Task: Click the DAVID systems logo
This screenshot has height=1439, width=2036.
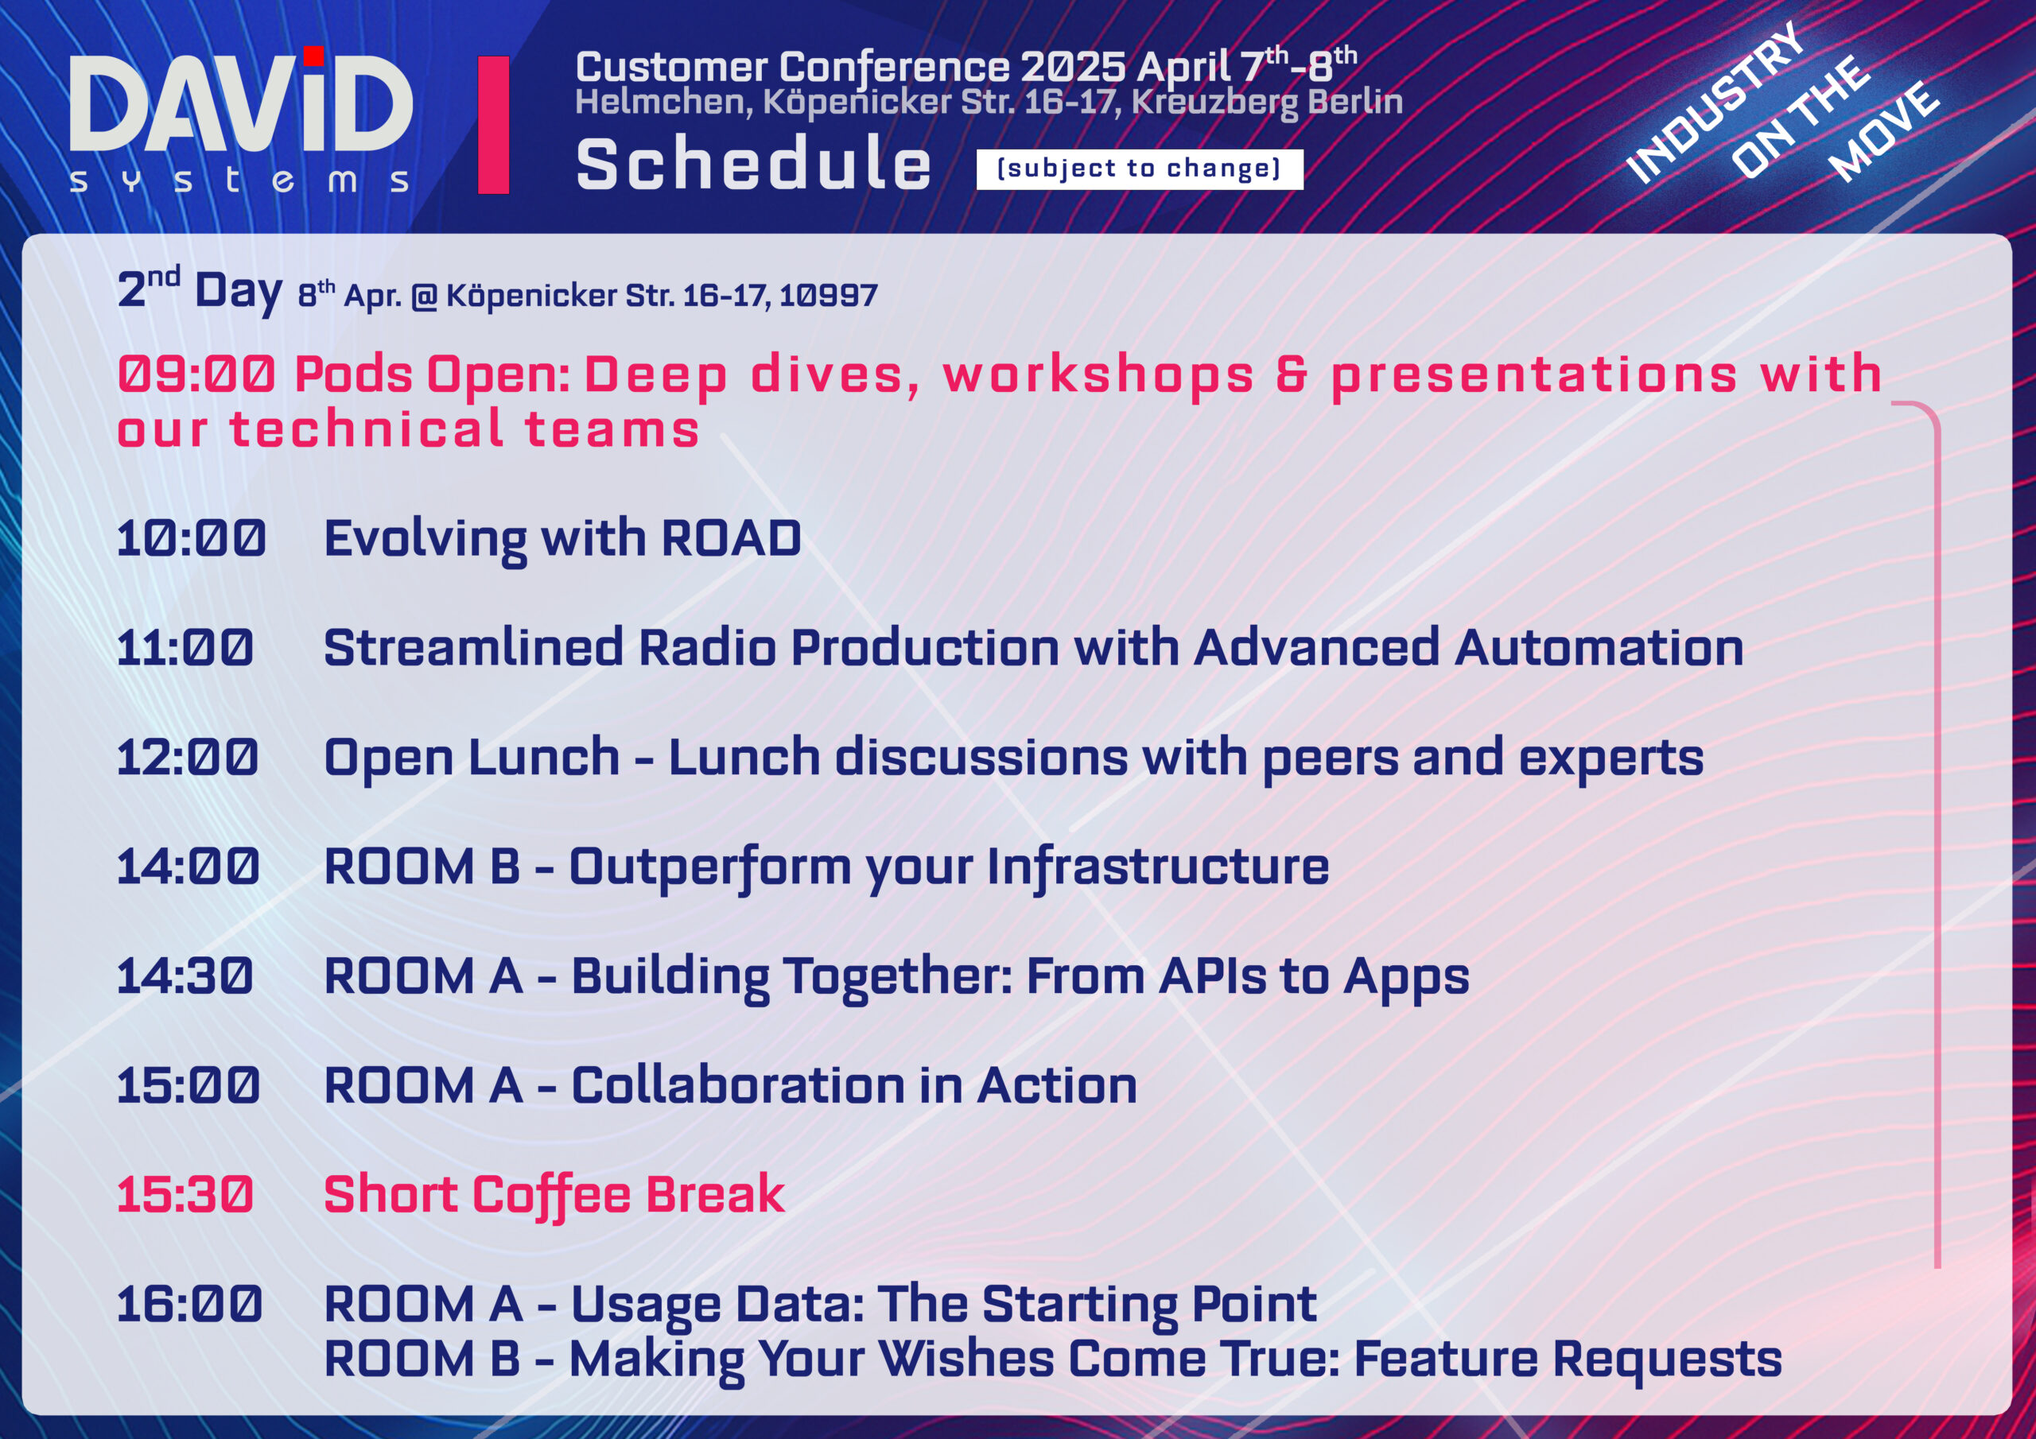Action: click(240, 120)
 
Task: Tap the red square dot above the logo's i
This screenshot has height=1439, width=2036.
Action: click(313, 56)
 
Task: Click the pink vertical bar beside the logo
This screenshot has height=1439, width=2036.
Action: click(493, 125)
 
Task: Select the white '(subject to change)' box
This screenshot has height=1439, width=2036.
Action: click(1140, 169)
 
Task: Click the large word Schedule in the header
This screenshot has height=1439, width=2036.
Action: click(754, 165)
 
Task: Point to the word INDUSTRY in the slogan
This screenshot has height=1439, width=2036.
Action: click(1715, 103)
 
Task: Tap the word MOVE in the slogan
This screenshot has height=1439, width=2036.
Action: click(1884, 131)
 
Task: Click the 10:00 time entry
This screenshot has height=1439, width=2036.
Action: click(191, 538)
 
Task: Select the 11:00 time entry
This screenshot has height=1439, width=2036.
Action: click(185, 647)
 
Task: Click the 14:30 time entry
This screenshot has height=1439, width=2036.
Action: click(185, 976)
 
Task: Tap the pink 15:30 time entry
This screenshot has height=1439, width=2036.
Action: click(185, 1194)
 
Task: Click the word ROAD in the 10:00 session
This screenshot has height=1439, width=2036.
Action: click(732, 538)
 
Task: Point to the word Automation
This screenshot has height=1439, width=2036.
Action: click(1599, 647)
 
